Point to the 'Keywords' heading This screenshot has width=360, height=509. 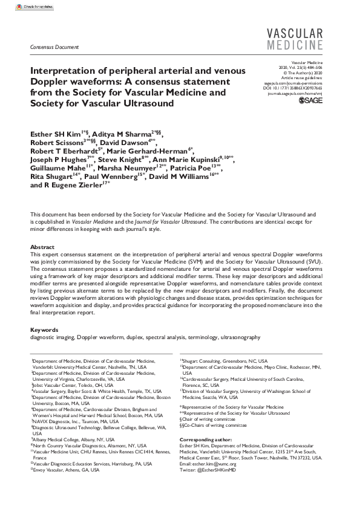(x=44, y=329)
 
